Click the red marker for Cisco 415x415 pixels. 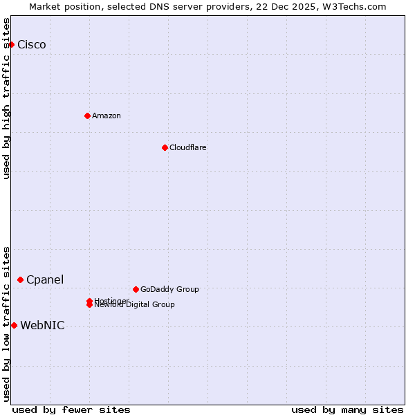pos(11,45)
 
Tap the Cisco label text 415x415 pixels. pos(32,45)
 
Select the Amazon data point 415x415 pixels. pos(87,116)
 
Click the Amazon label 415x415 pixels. pos(107,116)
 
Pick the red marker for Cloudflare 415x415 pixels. pos(165,147)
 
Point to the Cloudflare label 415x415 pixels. pos(188,147)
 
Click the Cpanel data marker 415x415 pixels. pos(21,279)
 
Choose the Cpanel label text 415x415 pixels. pos(45,279)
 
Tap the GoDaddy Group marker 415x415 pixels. pos(136,289)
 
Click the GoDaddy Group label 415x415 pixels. pos(169,289)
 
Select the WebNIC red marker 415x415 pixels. pos(14,325)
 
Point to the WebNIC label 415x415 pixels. pos(43,325)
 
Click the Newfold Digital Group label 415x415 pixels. pos(136,305)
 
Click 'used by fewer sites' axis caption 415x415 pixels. pos(71,409)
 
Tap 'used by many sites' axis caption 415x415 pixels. pos(347,409)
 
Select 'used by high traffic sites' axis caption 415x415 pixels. pos(6,98)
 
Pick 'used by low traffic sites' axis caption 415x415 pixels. pos(6,323)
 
